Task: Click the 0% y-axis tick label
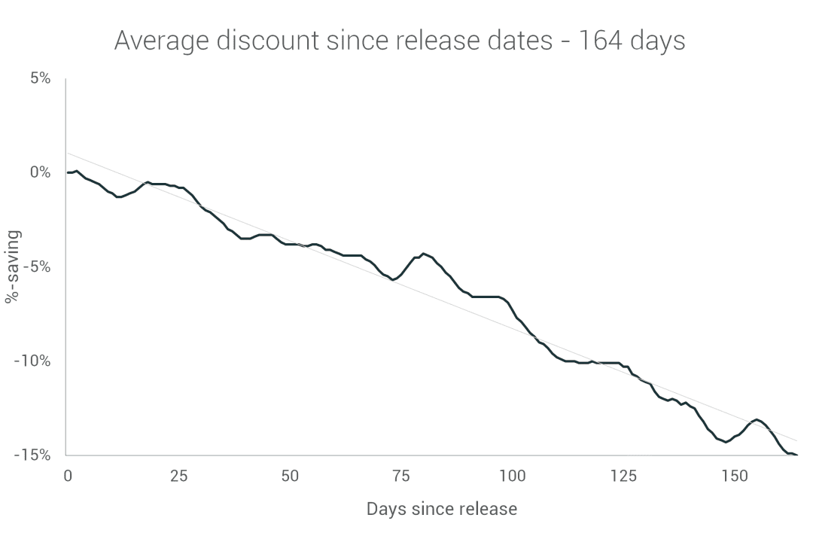click(40, 172)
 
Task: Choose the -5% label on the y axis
click(36, 266)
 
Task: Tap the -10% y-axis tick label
click(32, 361)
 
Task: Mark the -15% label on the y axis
click(32, 455)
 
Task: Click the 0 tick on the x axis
click(68, 476)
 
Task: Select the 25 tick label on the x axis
click(179, 476)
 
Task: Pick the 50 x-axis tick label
click(290, 476)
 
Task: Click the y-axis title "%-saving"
click(13, 266)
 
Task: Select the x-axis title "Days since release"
click(442, 509)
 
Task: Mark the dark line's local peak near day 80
click(424, 254)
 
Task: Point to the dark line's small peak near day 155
click(756, 419)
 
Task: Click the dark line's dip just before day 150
click(726, 442)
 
